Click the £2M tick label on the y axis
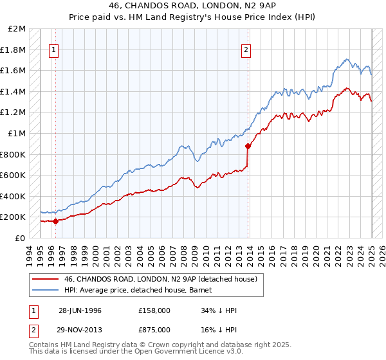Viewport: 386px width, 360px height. click(x=17, y=29)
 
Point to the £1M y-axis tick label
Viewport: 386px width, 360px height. click(x=17, y=134)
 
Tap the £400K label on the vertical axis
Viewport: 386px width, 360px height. click(x=14, y=196)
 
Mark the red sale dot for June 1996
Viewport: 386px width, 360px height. click(x=55, y=221)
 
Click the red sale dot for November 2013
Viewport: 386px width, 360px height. click(x=248, y=146)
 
